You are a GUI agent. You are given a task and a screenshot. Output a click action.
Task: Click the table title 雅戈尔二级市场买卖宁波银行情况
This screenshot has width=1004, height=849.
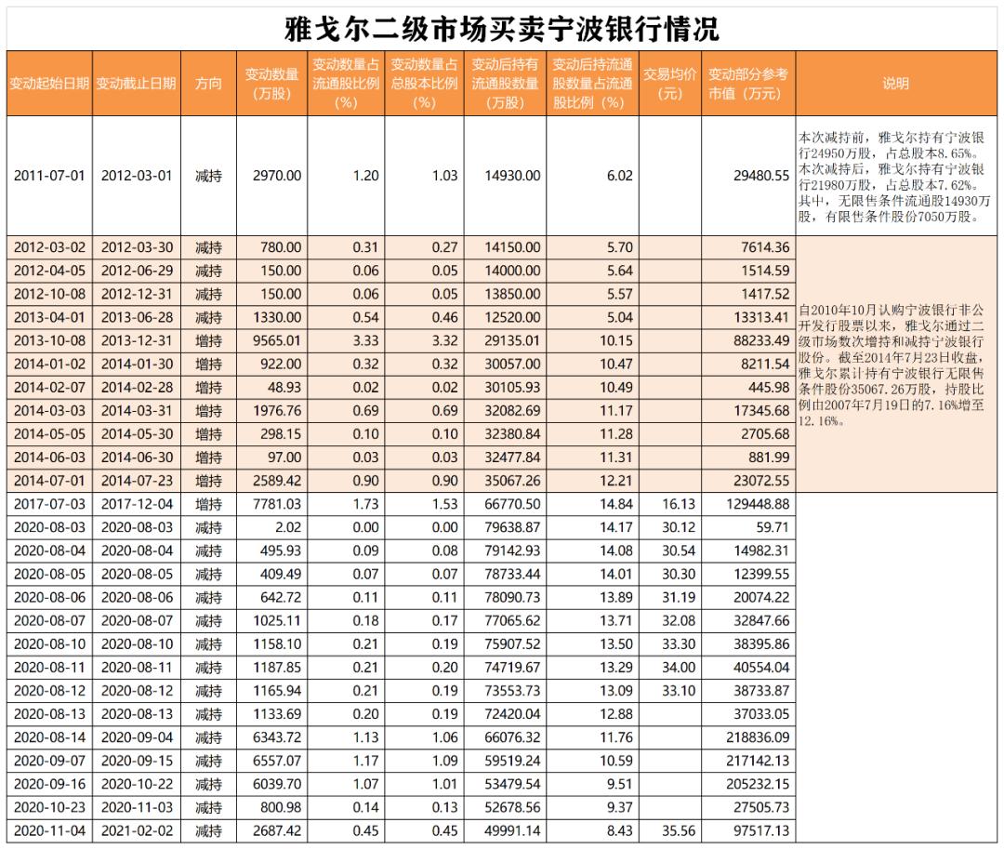pyautogui.click(x=501, y=28)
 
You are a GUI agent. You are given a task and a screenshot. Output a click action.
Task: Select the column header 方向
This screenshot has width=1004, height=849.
pyautogui.click(x=208, y=84)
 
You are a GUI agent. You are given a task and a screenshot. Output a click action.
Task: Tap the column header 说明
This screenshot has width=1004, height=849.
pyautogui.click(x=895, y=84)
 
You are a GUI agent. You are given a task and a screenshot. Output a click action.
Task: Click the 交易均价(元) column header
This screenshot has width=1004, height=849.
pyautogui.click(x=669, y=84)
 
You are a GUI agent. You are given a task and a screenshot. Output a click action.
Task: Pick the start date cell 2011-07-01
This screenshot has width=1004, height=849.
pyautogui.click(x=49, y=176)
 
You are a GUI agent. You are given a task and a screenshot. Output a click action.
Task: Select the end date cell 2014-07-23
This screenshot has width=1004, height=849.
pyautogui.click(x=136, y=481)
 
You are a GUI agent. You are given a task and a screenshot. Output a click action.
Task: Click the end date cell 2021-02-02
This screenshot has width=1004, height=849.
pyautogui.click(x=136, y=830)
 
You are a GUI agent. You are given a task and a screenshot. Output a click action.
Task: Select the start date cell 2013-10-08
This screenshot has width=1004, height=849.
pyautogui.click(x=49, y=340)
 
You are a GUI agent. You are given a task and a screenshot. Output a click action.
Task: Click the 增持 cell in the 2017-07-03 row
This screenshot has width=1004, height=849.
pyautogui.click(x=208, y=504)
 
